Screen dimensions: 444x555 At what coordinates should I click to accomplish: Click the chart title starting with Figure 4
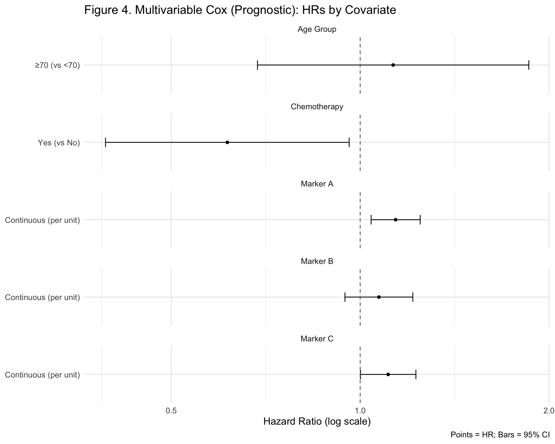coord(240,10)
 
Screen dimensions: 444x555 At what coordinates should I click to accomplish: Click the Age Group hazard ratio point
coord(393,65)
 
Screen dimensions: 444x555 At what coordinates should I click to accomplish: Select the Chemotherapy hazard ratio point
coord(227,142)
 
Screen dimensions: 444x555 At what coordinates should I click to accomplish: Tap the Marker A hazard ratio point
coord(395,220)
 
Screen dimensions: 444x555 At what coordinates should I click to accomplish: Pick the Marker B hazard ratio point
coord(379,297)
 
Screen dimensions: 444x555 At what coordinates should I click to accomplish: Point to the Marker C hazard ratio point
coord(388,374)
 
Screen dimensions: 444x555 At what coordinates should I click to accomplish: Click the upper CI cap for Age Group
coord(528,65)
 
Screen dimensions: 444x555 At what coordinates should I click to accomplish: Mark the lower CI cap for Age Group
coord(257,65)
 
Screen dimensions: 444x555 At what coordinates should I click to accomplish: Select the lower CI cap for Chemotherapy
coord(106,142)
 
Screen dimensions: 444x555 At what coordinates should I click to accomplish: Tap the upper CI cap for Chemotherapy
coord(349,142)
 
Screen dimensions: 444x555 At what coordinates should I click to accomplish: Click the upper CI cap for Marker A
coord(420,220)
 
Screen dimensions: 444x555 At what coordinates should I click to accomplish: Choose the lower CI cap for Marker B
coord(345,297)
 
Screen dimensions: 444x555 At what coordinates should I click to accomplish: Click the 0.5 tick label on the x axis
coord(171,410)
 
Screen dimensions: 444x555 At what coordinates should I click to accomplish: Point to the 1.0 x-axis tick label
coord(360,410)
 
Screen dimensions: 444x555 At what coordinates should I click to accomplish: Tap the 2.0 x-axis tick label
coord(548,410)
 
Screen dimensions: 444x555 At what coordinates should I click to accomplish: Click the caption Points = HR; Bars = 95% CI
coord(500,434)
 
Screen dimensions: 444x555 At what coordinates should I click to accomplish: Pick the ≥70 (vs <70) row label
coord(57,65)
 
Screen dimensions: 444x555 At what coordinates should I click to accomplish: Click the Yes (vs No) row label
coord(59,143)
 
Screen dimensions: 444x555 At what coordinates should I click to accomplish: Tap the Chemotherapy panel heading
coord(317,107)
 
